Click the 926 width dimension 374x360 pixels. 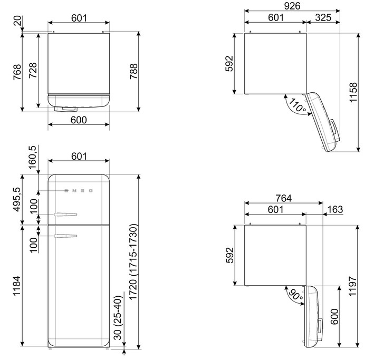(292, 6)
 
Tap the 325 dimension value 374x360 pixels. (323, 17)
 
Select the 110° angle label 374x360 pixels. (297, 105)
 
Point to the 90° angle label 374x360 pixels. (296, 295)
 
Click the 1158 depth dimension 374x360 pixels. (353, 92)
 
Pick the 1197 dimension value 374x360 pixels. (352, 286)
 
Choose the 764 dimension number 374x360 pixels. (284, 198)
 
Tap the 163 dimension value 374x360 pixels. (335, 209)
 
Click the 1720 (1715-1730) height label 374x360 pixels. (133, 261)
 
